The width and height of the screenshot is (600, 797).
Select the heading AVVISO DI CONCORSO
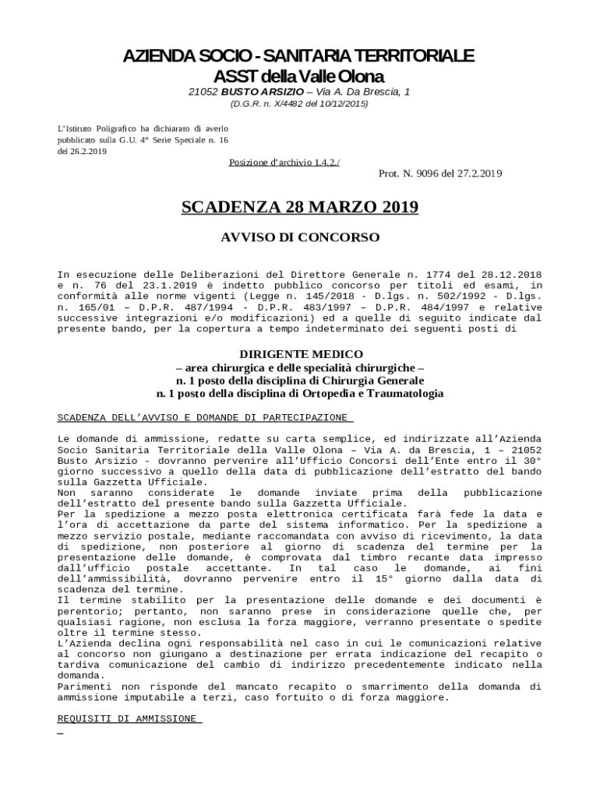(300, 236)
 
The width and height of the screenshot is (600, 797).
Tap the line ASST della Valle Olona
(300, 76)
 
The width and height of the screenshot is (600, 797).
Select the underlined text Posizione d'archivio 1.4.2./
(284, 162)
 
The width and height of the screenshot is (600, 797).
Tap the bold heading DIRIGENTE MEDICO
(300, 354)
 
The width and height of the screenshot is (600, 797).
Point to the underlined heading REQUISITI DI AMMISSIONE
(129, 719)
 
